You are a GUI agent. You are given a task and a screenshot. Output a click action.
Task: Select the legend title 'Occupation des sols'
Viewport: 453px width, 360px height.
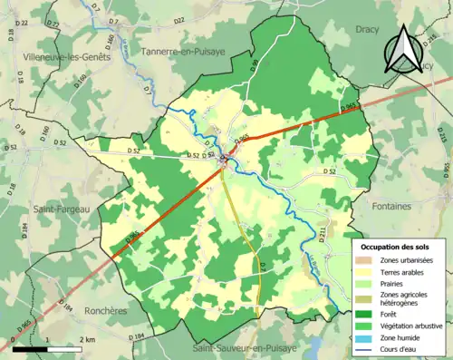click(397, 247)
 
